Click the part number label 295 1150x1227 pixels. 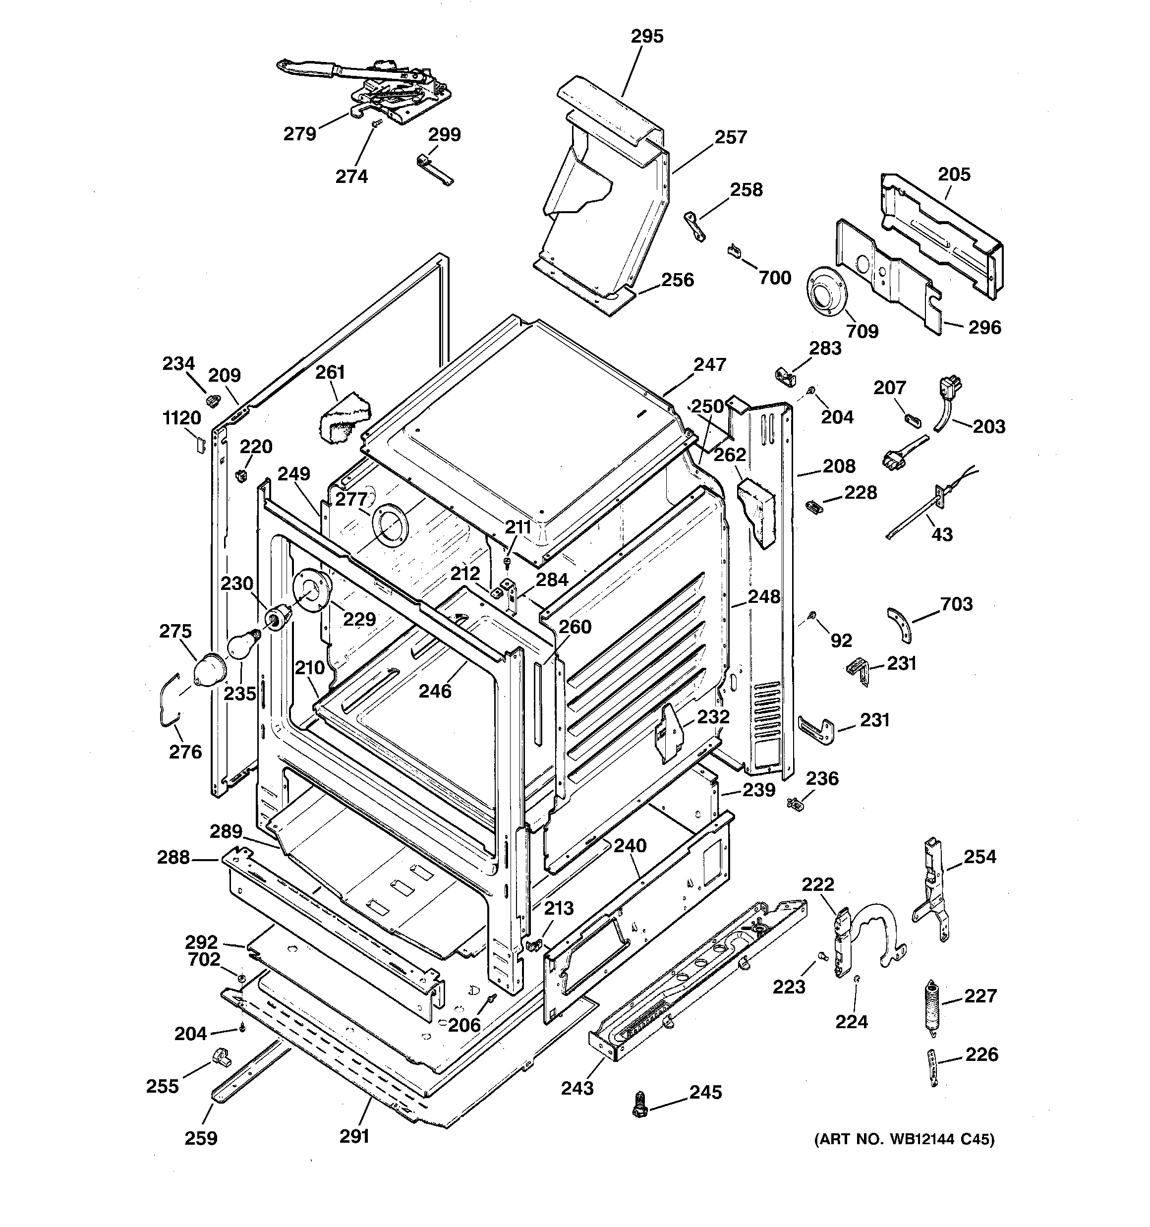(x=647, y=36)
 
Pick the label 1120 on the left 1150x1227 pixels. (x=181, y=418)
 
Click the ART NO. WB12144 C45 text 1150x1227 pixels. (x=904, y=1139)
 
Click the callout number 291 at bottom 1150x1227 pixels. (x=354, y=1136)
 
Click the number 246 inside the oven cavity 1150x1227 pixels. (x=435, y=691)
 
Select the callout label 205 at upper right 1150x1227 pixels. (x=954, y=174)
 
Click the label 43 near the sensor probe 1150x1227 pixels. (x=941, y=534)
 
